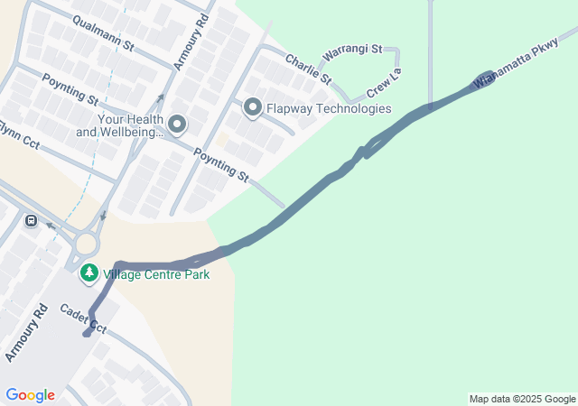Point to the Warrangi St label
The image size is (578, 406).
coord(352,52)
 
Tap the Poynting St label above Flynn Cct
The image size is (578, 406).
coord(69,91)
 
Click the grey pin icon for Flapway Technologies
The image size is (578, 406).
coord(252,108)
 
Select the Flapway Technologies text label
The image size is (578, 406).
coord(329,108)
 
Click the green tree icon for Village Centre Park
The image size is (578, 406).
coord(89,273)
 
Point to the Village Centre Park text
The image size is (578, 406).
coord(156,274)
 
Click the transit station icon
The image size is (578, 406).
coord(32,220)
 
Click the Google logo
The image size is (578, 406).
coord(30,395)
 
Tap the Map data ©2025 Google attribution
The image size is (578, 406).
coord(522,399)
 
